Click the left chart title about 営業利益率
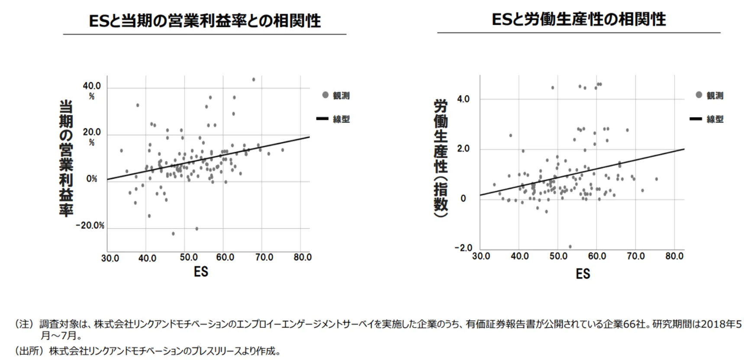205,21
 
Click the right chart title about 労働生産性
579,19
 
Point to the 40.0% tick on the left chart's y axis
92,90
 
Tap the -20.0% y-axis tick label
90,225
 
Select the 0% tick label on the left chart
92,179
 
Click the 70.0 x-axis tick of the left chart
264,257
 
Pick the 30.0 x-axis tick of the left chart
110,258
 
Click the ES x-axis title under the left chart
201,272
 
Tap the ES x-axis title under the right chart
583,273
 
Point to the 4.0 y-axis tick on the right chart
463,99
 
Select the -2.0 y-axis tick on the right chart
463,248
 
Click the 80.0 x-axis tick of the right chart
674,256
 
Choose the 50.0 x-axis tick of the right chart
558,256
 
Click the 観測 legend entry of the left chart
336,95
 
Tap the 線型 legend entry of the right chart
707,119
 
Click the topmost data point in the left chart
254,80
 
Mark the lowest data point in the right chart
570,247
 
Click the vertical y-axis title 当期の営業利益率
66,158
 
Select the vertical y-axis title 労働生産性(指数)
441,158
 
